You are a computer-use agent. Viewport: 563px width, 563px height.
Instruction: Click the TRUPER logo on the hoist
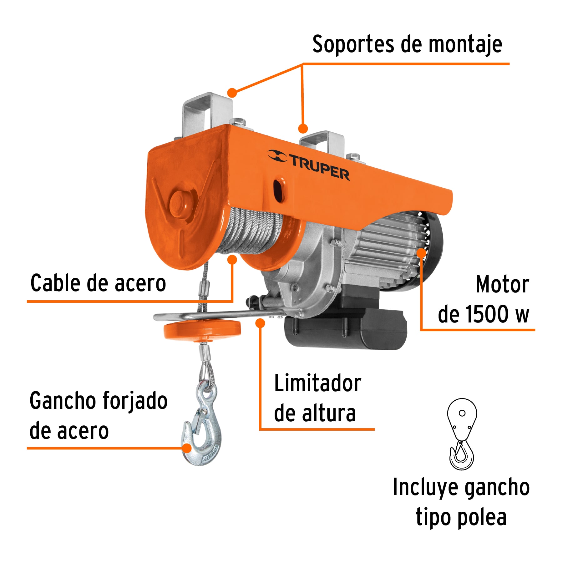tap(309, 165)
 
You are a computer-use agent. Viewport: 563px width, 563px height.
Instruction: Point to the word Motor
tap(502, 285)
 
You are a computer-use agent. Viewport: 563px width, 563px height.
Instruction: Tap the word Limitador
tap(317, 383)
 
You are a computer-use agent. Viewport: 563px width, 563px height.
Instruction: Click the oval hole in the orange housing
tap(278, 190)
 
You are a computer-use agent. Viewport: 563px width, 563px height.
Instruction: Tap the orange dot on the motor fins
tap(421, 253)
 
